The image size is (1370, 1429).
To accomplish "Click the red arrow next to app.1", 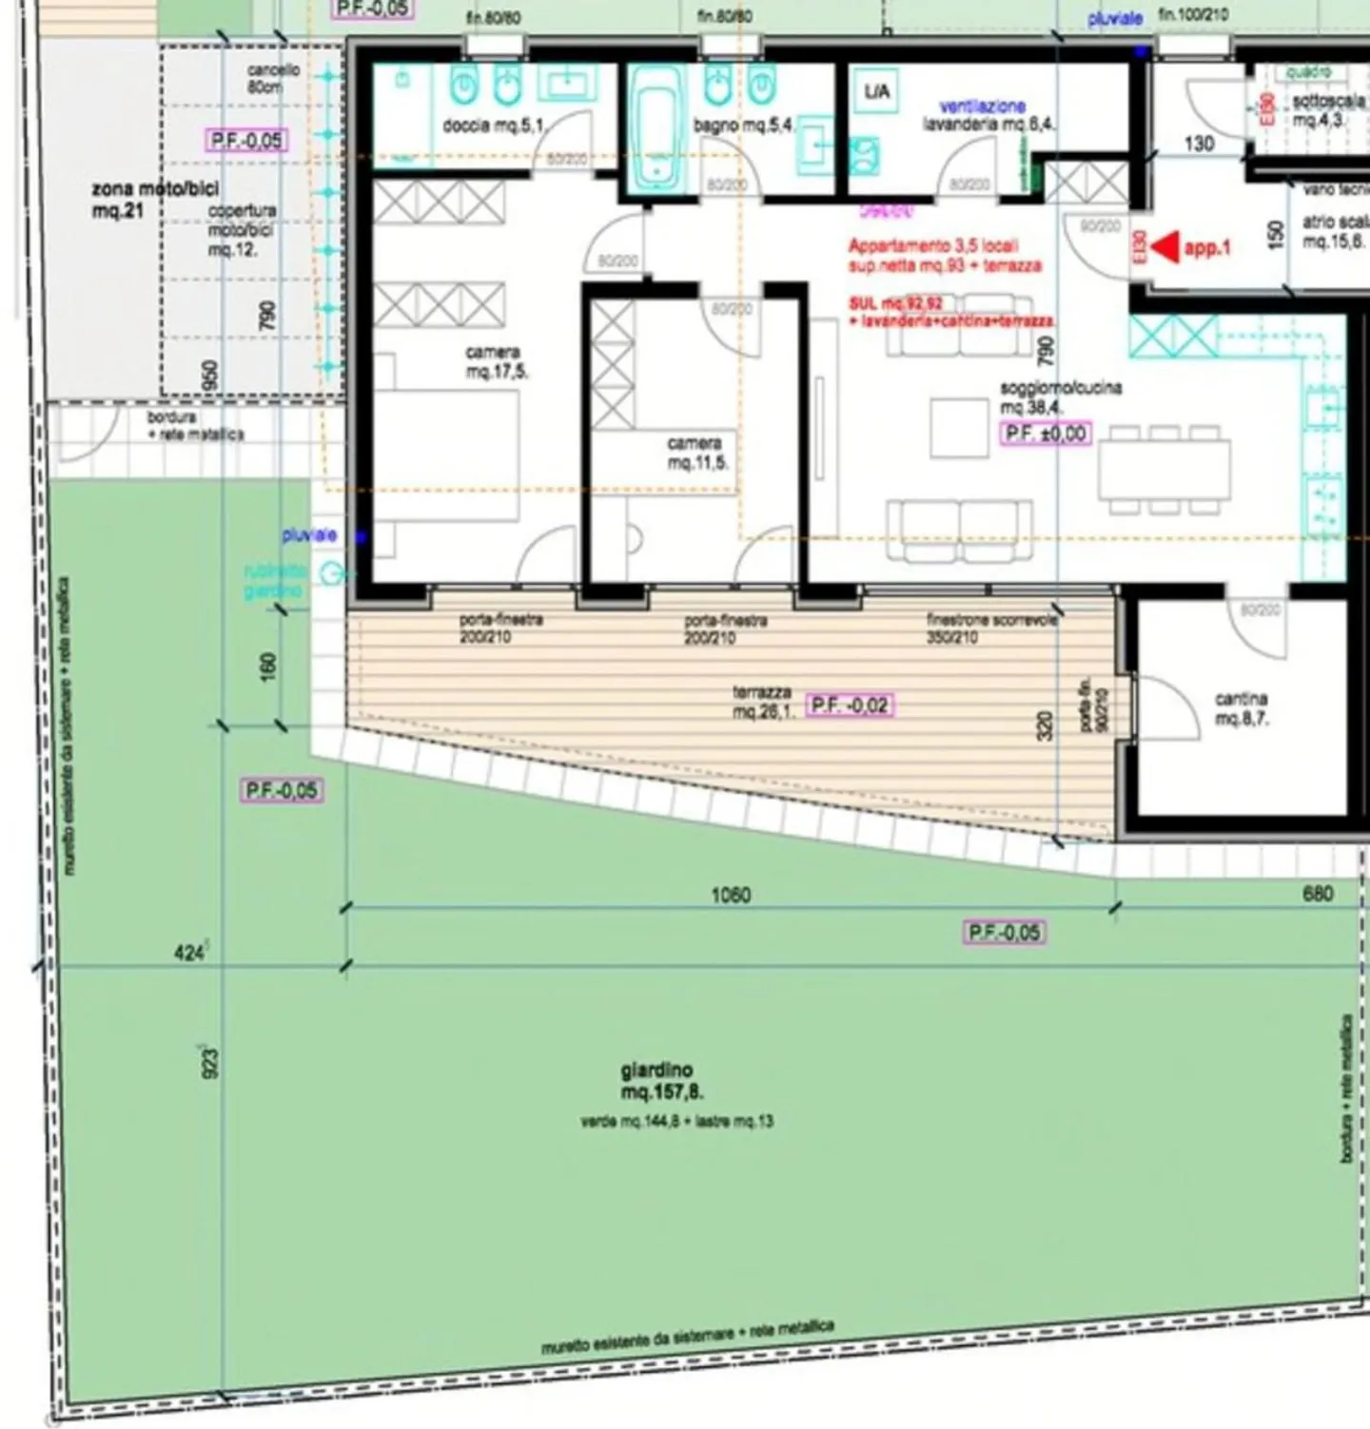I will pos(1164,247).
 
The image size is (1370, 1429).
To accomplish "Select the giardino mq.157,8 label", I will pos(662,1082).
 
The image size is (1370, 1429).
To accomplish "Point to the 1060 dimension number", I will pos(730,895).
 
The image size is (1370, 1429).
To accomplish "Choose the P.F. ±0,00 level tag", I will pos(1045,434).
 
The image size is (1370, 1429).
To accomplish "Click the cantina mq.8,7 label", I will pos(1241,709).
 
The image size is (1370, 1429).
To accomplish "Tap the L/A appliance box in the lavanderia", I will pos(876,91).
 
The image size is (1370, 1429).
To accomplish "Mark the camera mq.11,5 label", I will pos(697,454).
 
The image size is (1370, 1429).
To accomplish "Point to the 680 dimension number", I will pos(1317,894).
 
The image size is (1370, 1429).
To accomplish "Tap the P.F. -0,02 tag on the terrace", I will pos(850,705).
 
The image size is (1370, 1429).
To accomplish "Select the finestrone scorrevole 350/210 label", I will pos(991,628).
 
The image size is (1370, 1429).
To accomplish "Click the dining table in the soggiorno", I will pos(1163,468).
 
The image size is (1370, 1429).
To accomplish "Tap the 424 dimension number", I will pos(188,952).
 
